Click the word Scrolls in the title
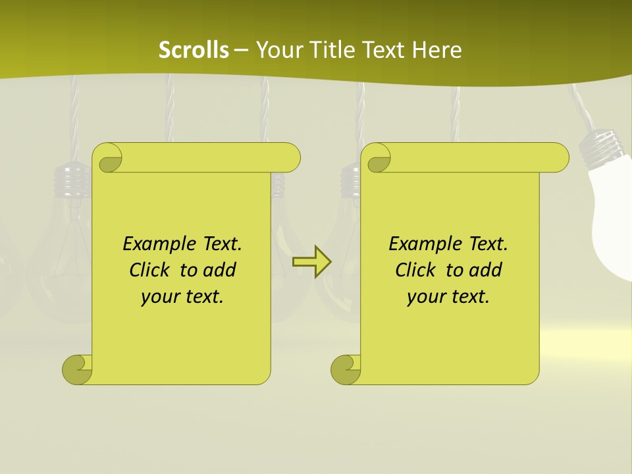tap(194, 50)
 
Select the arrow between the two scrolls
tap(311, 262)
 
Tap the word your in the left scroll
tap(160, 297)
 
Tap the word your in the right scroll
tap(426, 297)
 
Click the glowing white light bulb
tap(612, 217)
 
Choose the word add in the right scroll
tap(486, 270)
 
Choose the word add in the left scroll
tap(220, 270)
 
